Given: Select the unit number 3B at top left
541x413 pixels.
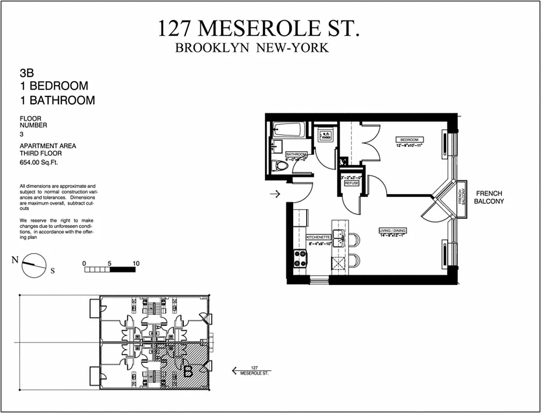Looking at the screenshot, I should point(26,73).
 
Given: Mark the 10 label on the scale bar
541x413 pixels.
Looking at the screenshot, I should point(136,263).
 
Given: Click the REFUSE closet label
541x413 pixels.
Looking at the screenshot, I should point(351,183).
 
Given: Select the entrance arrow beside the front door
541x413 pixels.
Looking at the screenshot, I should point(275,194).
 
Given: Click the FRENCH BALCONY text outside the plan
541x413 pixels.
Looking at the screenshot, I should point(489,197).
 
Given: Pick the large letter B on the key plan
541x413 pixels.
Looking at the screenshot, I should point(188,370).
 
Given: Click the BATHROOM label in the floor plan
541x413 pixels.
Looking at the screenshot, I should point(296,154).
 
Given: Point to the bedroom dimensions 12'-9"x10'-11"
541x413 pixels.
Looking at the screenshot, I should point(410,145).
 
